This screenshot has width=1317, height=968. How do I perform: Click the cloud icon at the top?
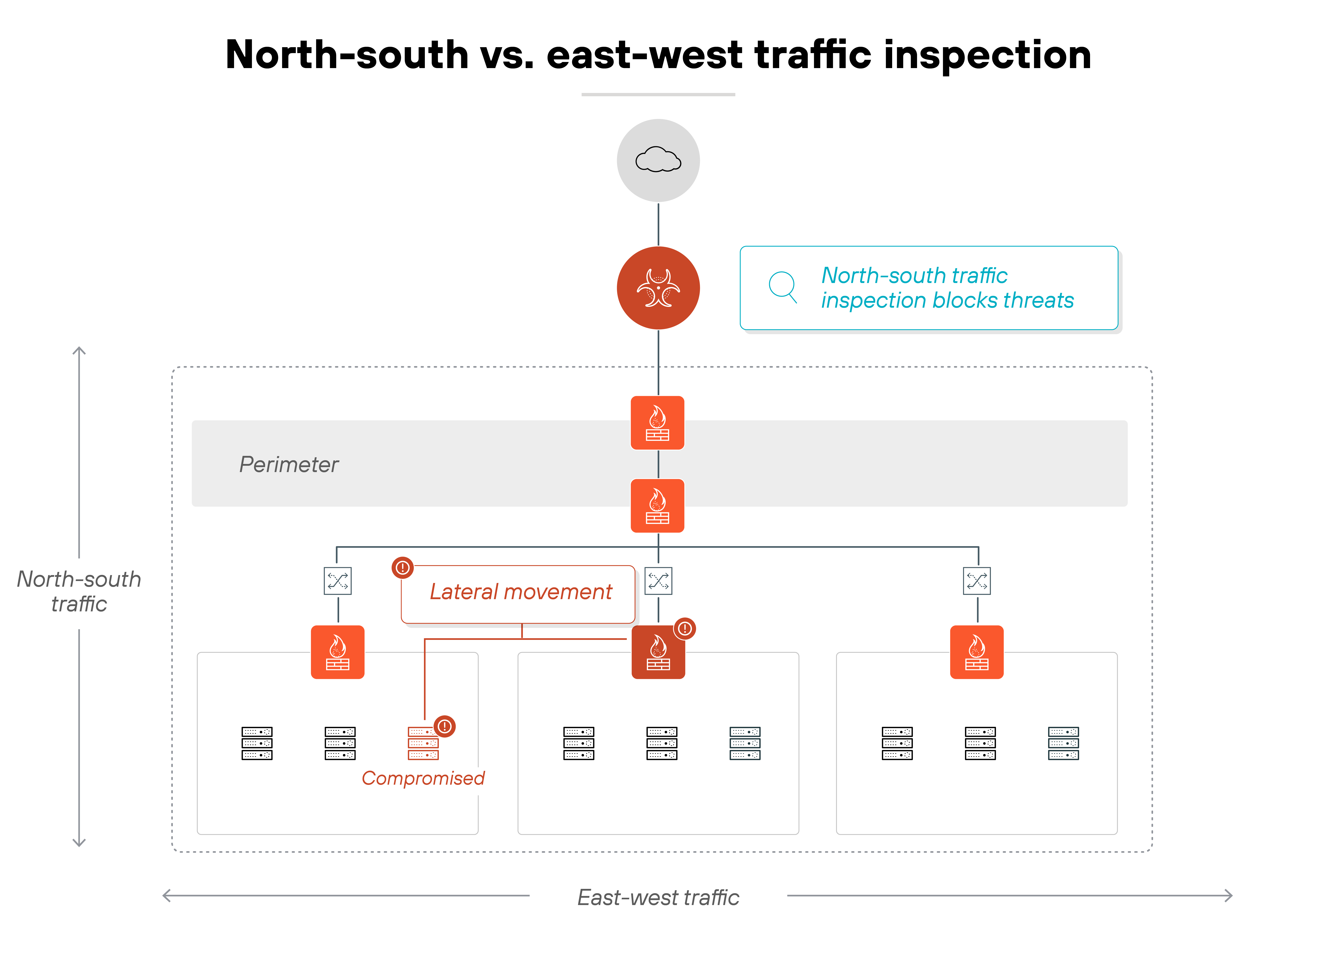click(x=658, y=160)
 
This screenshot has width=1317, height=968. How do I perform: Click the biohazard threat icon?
click(x=658, y=288)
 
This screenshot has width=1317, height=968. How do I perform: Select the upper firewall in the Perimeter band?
click(x=657, y=423)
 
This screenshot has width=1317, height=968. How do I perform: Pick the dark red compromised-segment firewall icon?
click(x=658, y=652)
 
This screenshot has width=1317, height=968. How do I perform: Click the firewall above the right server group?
click(x=976, y=652)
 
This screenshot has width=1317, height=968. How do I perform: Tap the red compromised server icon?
click(x=423, y=743)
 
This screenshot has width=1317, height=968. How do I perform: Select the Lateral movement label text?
click(x=521, y=592)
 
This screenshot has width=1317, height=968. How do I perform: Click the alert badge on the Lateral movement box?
click(x=402, y=567)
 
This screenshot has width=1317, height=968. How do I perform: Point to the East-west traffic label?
click(x=658, y=897)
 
